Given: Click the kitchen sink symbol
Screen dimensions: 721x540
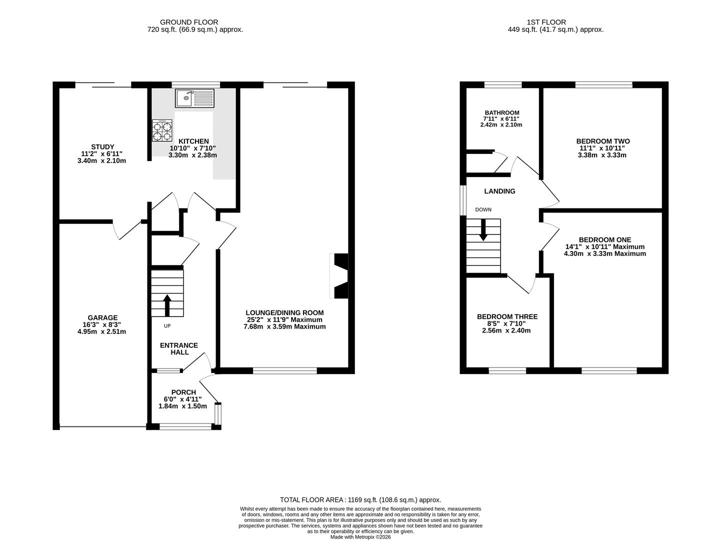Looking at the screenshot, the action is tap(194, 98).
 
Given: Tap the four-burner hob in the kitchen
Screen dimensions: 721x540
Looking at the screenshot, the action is tap(162, 130).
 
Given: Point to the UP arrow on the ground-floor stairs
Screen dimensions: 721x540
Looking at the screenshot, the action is tap(167, 305).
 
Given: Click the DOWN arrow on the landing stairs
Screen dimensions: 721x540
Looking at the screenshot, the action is tap(483, 230).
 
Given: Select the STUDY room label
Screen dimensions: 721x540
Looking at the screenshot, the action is tap(103, 147).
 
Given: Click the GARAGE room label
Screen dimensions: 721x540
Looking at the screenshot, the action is tap(102, 317).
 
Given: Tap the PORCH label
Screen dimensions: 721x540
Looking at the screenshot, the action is tap(183, 392).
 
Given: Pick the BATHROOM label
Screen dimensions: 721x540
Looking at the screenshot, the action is tap(502, 112).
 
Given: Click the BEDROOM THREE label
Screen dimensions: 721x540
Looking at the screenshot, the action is tap(507, 316).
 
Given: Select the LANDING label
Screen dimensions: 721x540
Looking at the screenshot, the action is tap(499, 191).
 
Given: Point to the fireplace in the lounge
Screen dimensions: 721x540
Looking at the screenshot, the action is tap(338, 276).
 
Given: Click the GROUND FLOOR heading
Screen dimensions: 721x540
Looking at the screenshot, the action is tap(189, 22).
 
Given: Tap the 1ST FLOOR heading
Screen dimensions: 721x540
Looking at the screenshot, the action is tap(546, 22).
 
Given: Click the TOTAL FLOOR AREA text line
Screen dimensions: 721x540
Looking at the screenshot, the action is tap(360, 499).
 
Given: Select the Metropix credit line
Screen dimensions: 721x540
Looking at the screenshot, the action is tap(360, 537).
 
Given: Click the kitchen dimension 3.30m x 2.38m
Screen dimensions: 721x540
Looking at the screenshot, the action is tap(193, 155).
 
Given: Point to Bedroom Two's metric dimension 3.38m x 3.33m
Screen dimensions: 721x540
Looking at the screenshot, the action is tap(602, 155).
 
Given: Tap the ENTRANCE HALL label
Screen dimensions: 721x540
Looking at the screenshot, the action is tap(179, 348).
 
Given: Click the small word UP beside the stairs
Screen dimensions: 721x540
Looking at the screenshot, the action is tap(167, 326).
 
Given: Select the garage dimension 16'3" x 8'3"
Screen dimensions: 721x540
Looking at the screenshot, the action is tap(102, 324).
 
